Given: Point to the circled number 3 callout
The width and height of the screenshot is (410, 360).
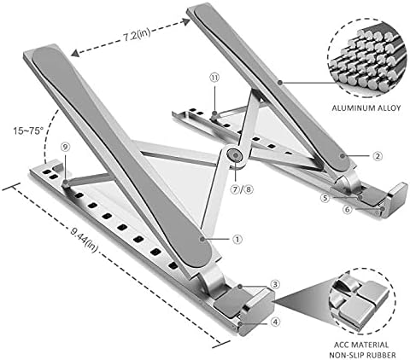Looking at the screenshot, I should pyautogui.click(x=276, y=284).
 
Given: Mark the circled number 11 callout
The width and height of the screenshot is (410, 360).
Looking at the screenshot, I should pyautogui.click(x=214, y=77).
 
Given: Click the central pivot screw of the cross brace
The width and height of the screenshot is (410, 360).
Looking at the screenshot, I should pyautogui.click(x=232, y=155).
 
